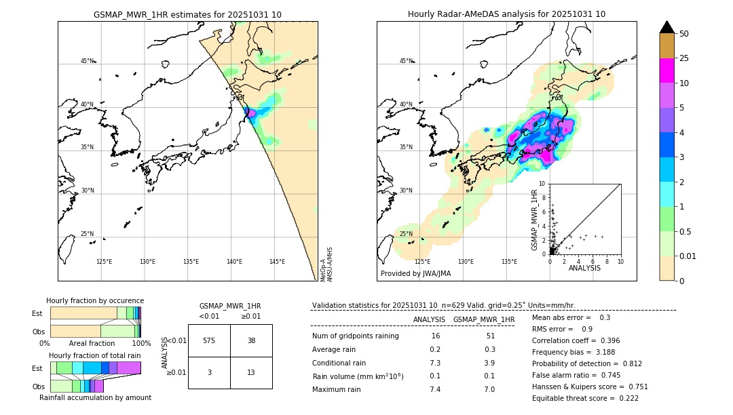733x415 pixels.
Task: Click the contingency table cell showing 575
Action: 209,340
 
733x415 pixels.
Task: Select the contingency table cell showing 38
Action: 251,340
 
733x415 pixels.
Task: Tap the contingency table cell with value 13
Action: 251,372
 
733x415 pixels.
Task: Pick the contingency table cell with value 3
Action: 209,372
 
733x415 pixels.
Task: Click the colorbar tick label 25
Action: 685,58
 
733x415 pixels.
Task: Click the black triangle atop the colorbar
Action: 667,27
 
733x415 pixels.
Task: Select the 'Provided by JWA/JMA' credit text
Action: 415,273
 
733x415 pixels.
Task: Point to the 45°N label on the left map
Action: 87,61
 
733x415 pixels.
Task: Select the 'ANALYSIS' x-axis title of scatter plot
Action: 584,268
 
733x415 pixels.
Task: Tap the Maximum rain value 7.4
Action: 435,389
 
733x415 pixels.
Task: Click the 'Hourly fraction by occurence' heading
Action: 95,300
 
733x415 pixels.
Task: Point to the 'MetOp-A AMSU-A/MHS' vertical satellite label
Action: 326,264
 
